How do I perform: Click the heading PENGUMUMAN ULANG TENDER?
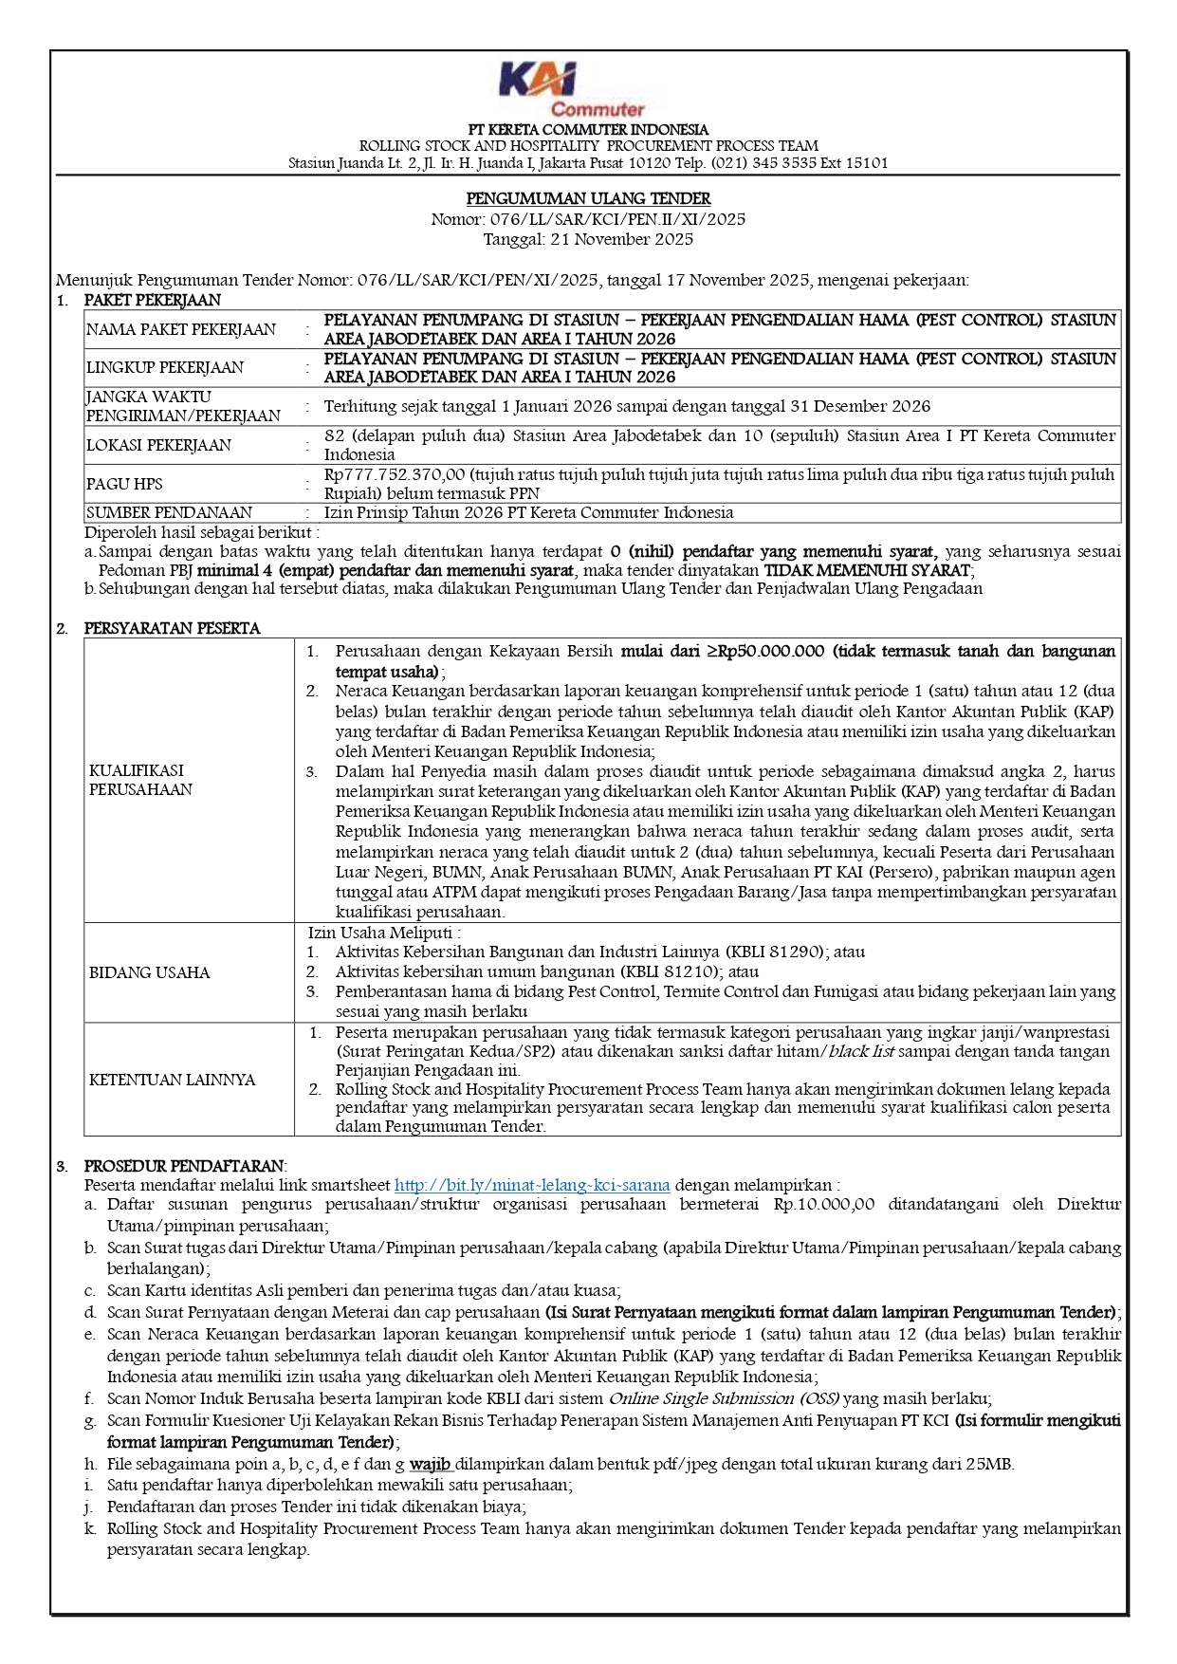(588, 199)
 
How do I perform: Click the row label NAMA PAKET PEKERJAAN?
(181, 330)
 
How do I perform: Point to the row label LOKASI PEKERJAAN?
(158, 445)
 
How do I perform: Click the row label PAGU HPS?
(124, 484)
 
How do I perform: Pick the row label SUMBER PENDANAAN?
(170, 512)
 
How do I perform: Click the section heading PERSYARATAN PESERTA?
(172, 628)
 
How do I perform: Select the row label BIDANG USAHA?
(150, 972)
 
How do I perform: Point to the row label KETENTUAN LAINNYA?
(172, 1080)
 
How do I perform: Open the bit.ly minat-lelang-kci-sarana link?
(532, 1185)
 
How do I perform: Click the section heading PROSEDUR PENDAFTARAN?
(184, 1166)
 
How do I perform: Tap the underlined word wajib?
(430, 1464)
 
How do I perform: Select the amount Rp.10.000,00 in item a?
(824, 1205)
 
